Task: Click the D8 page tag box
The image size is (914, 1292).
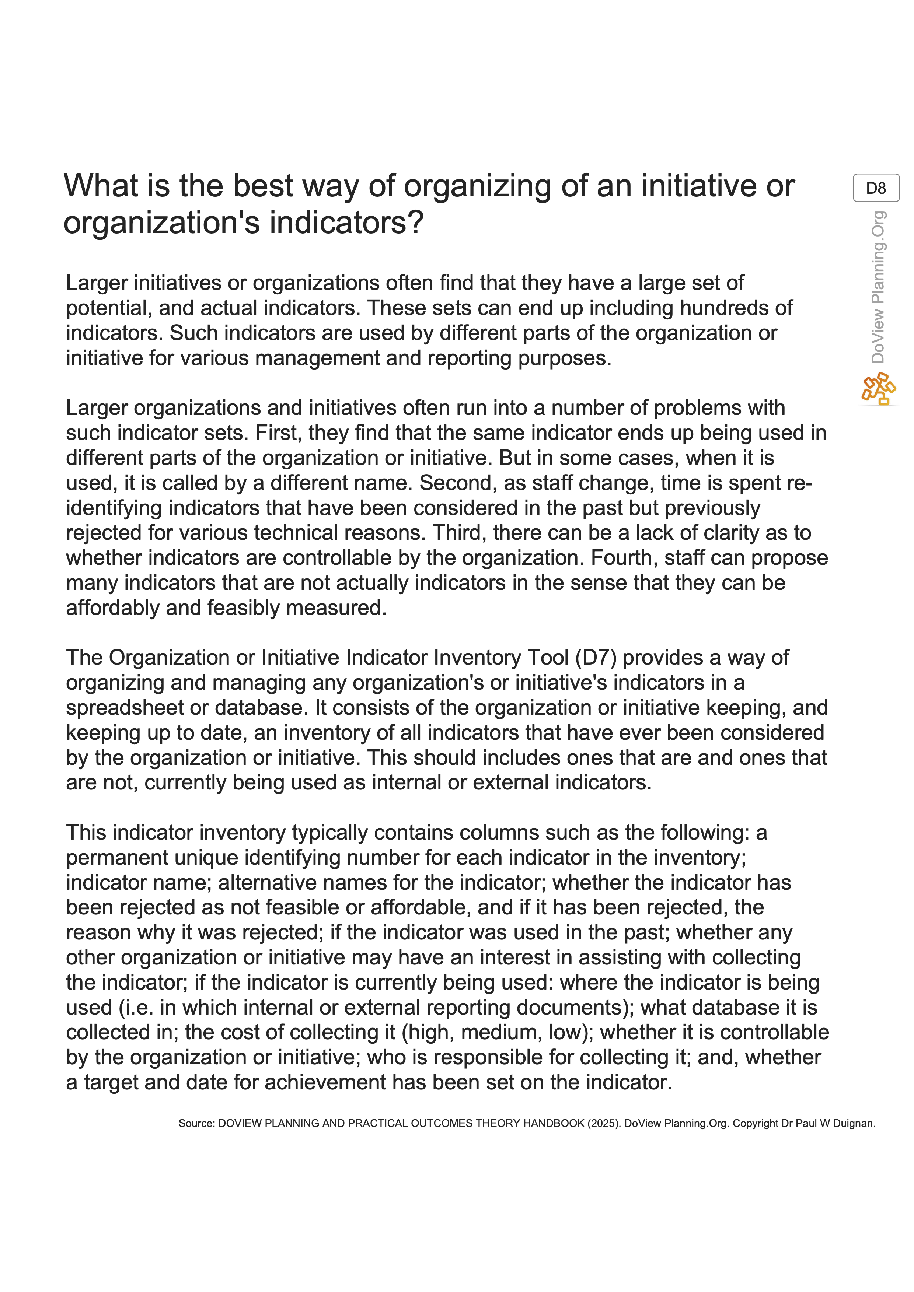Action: [876, 188]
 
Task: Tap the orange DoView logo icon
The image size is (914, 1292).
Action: [878, 388]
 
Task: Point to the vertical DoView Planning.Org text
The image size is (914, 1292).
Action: [878, 287]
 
